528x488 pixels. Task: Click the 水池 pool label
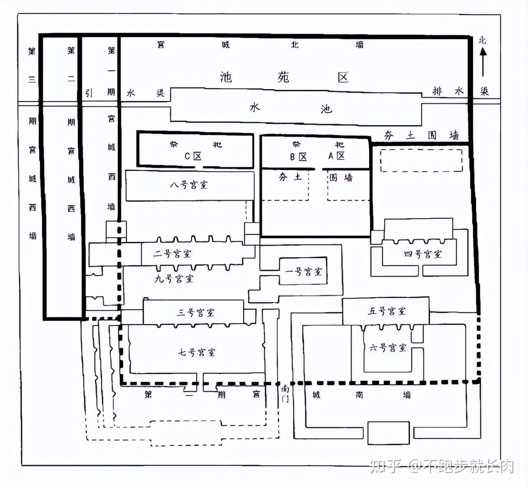tap(290, 108)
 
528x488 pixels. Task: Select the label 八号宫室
tap(188, 185)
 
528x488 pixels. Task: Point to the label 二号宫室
tap(172, 254)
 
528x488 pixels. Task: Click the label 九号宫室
tap(174, 279)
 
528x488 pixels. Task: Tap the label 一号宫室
tap(304, 272)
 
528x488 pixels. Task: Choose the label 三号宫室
tap(195, 313)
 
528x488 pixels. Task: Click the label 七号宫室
tap(196, 352)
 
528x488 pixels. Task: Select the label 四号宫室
tap(422, 254)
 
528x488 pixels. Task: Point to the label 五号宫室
tap(386, 311)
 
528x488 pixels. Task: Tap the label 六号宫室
tap(388, 348)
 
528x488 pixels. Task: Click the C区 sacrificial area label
tap(193, 156)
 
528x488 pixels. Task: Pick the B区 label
tap(298, 157)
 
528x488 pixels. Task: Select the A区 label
tap(337, 156)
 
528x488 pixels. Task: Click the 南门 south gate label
tap(285, 394)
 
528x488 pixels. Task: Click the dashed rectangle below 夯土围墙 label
tap(421, 160)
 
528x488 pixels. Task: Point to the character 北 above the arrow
tap(482, 40)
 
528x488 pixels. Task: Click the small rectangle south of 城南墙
tap(388, 433)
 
